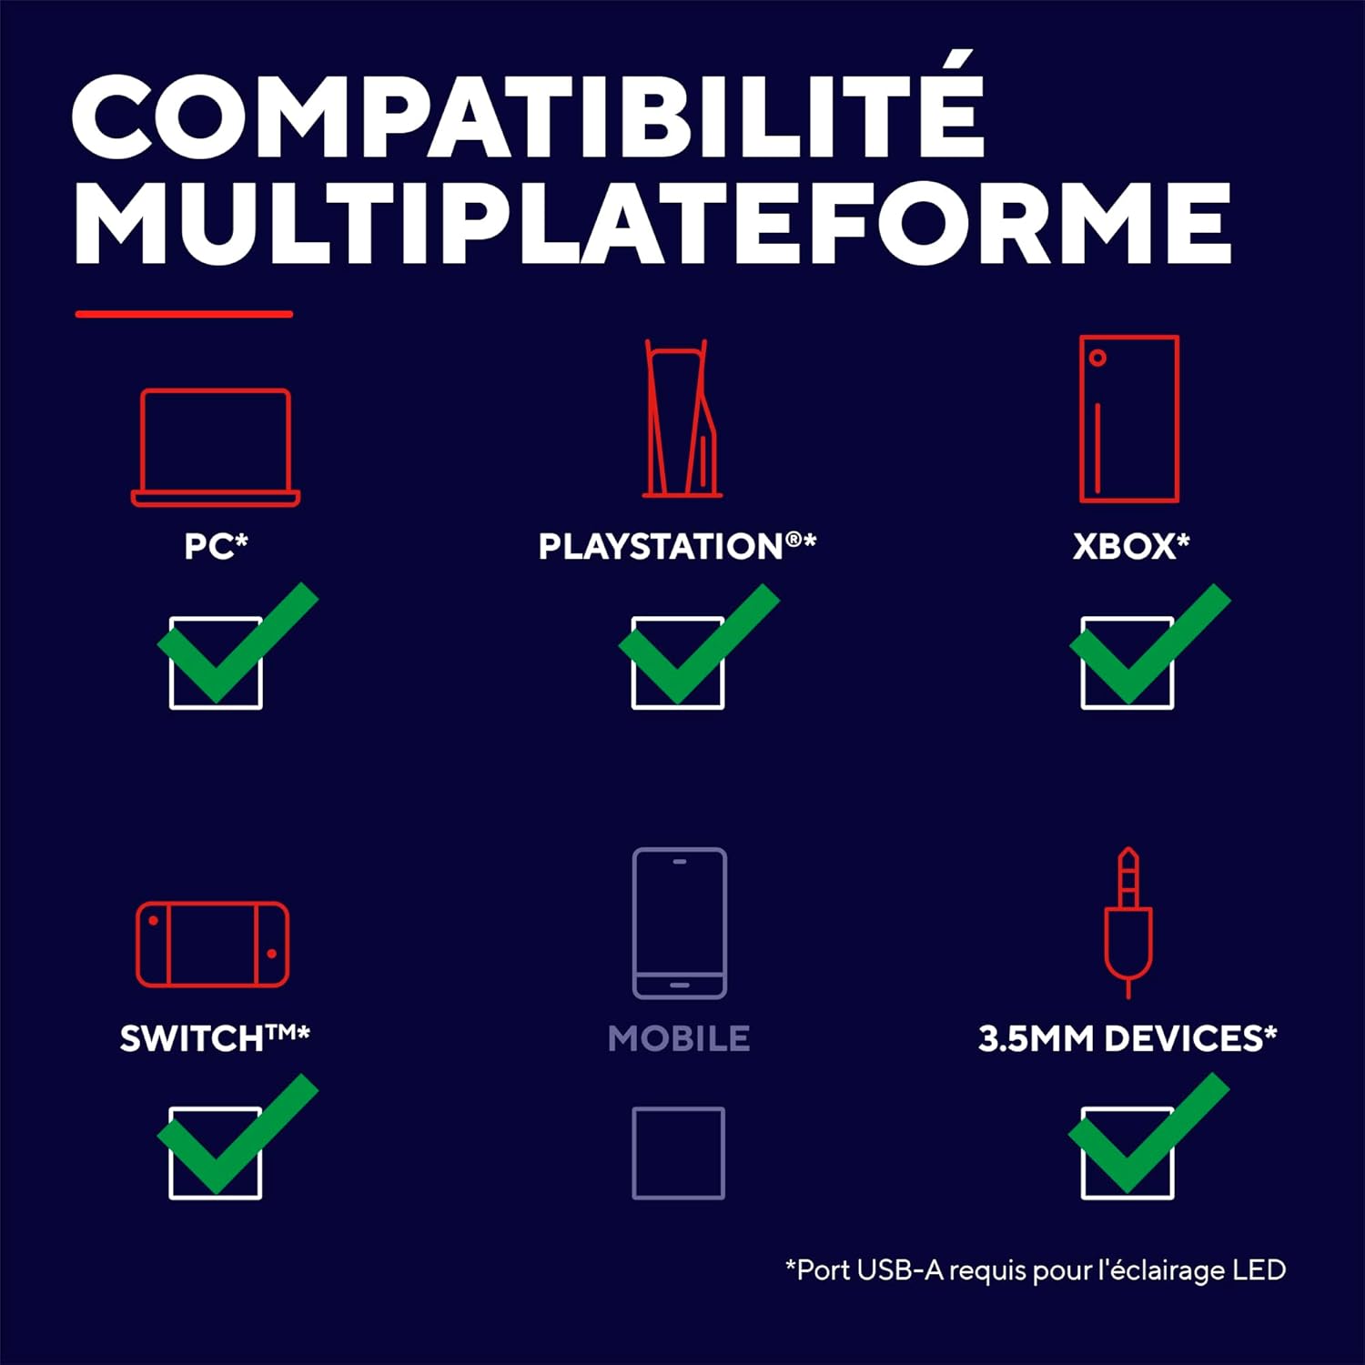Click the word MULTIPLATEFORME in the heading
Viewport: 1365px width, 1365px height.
coord(652,223)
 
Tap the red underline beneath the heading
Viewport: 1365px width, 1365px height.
coord(184,314)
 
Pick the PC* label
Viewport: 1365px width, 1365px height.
coord(216,546)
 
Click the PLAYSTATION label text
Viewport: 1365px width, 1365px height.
coord(678,546)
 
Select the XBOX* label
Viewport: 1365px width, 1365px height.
coord(1131,546)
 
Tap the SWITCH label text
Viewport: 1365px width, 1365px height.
coord(215,1037)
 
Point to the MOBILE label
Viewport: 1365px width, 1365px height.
coord(679,1038)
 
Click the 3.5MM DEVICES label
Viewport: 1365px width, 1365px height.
coord(1127,1037)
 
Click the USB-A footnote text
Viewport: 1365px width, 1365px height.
coord(1036,1269)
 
